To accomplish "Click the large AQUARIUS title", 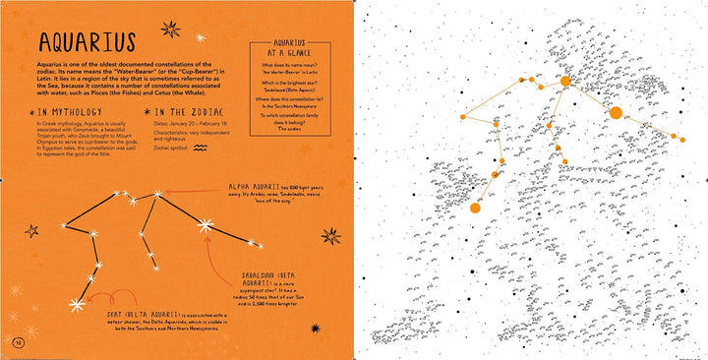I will [86, 43].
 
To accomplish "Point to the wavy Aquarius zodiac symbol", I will [201, 149].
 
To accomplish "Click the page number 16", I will [17, 340].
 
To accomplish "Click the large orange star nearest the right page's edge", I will [616, 112].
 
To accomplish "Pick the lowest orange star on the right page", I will [474, 208].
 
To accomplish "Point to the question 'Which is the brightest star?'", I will [291, 83].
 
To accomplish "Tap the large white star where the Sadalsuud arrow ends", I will [206, 227].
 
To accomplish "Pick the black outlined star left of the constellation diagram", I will [31, 231].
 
